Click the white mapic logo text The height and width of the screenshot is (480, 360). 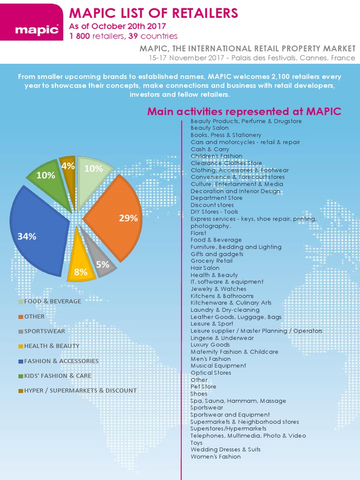point(37,30)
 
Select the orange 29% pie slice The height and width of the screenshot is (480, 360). point(116,217)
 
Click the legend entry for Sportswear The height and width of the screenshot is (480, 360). point(42,331)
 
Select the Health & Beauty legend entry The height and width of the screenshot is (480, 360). point(49,346)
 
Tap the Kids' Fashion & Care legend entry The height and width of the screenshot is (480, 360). point(55,375)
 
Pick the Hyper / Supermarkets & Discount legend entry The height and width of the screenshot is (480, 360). point(77,390)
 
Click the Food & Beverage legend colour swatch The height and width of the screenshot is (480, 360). point(21,301)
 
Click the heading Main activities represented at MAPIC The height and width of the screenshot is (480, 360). point(244,111)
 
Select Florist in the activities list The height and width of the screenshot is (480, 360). point(198,233)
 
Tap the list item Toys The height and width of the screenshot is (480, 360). point(196,443)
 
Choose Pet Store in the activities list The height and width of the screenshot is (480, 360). point(203,387)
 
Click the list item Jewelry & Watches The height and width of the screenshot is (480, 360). point(218,289)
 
